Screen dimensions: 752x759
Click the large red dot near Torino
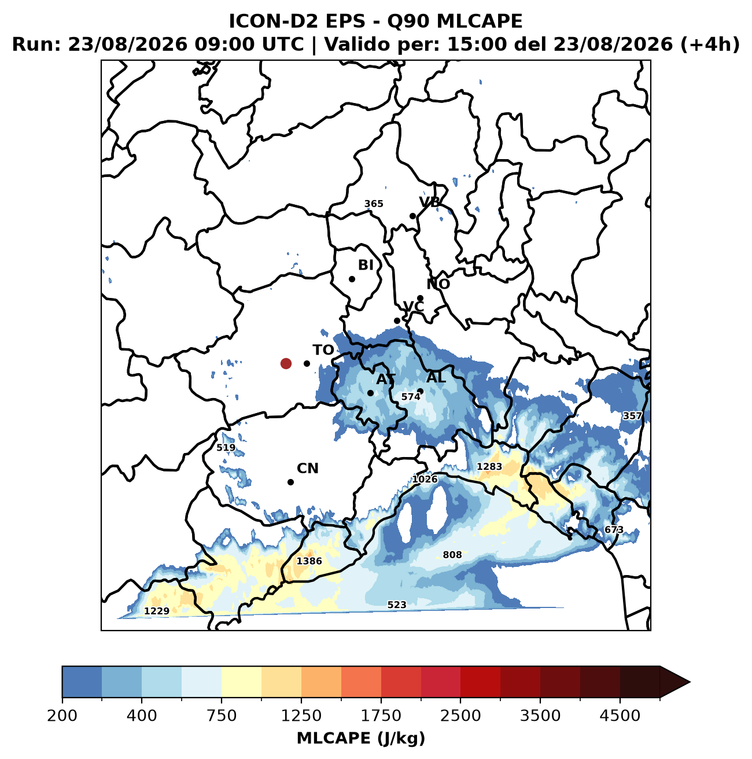pos(286,363)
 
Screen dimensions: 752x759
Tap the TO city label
pos(323,350)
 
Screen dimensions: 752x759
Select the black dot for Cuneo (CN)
pos(291,482)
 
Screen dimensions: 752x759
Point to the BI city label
pos(366,265)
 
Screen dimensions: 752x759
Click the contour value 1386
pos(309,561)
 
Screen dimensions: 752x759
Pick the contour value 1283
pos(489,467)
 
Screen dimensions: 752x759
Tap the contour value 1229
pos(157,611)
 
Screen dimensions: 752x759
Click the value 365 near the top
pos(374,204)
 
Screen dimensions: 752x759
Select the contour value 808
pos(452,555)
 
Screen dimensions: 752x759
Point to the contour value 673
pos(614,530)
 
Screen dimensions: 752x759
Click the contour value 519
pos(226,447)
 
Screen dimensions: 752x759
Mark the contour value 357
pos(632,416)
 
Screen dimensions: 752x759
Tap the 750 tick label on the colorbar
pos(222,716)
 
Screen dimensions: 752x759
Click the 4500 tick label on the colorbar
pos(620,716)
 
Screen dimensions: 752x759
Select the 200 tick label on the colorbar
pos(62,716)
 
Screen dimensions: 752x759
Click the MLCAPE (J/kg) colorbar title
pos(361,738)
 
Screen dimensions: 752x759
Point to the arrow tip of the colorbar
pos(690,682)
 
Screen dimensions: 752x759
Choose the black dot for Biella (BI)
pos(352,279)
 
